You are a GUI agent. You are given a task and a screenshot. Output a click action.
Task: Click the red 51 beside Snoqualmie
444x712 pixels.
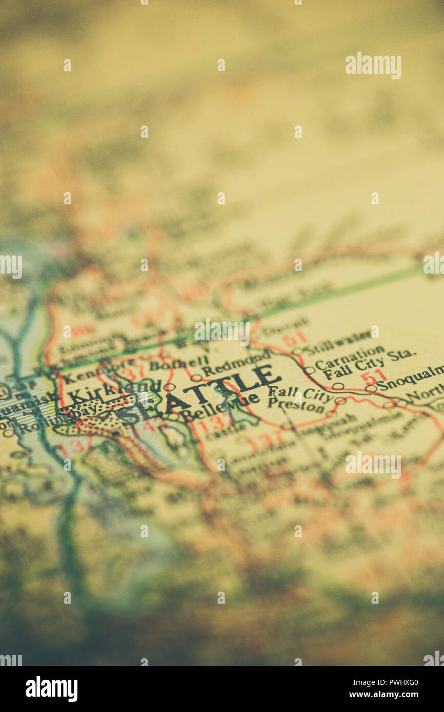point(373,377)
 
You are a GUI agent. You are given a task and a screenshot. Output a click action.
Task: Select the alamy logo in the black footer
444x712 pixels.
point(51,688)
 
